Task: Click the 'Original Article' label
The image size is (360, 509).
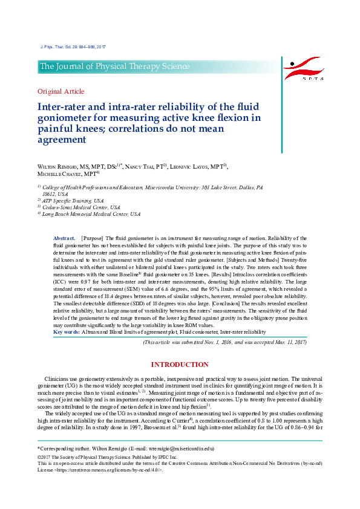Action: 61,91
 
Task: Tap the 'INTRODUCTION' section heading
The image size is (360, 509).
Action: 180,365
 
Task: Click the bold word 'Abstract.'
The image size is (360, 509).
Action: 64,239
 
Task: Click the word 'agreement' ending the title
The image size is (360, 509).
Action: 62,139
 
